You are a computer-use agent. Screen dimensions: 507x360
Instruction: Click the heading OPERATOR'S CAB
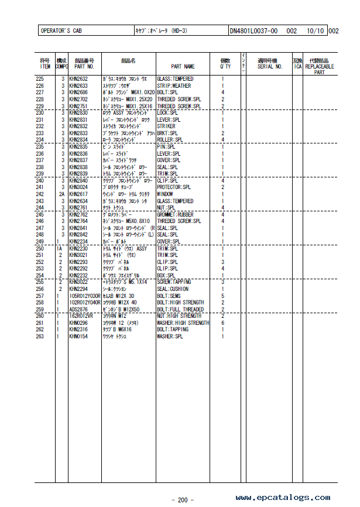point(62,31)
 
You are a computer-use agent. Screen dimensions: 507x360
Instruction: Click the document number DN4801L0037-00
point(253,31)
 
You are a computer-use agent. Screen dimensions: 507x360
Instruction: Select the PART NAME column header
point(183,67)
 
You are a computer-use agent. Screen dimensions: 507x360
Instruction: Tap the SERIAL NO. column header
point(270,67)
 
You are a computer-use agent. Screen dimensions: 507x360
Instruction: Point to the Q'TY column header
point(225,67)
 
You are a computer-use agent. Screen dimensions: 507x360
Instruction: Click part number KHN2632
point(78,79)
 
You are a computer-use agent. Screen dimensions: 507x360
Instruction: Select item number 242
point(40,194)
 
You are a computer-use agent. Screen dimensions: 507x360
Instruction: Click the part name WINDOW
point(165,194)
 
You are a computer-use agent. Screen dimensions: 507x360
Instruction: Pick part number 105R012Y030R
point(85,296)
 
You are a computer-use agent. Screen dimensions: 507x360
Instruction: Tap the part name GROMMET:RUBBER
point(175,214)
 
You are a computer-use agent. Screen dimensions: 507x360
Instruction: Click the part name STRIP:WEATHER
point(174,86)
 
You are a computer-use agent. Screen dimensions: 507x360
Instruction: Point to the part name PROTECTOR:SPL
point(174,187)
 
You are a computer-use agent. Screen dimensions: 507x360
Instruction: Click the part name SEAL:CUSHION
point(173,289)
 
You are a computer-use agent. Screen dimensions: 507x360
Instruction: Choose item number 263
point(40,337)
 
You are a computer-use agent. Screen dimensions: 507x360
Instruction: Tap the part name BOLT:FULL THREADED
point(180,310)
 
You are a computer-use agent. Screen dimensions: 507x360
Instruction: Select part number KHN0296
point(78,323)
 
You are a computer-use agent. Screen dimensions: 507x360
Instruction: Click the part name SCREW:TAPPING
point(174,282)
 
